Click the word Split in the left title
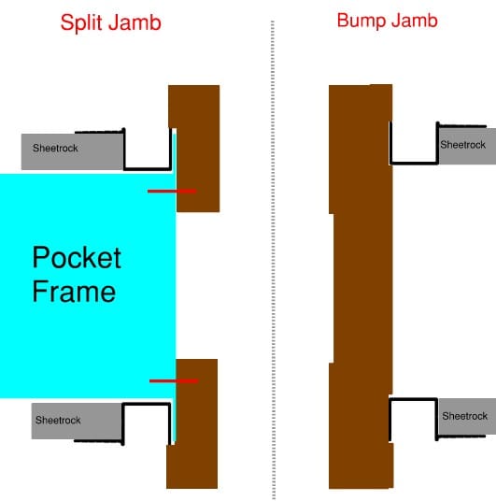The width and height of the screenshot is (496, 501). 81,23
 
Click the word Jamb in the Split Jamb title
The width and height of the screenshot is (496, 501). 135,22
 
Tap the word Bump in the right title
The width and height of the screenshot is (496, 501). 361,21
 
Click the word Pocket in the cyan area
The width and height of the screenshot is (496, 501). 77,258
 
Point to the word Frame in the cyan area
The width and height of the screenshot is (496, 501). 74,291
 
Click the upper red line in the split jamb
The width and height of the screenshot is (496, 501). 172,191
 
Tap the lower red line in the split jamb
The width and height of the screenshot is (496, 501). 174,380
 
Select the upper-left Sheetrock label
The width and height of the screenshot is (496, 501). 55,149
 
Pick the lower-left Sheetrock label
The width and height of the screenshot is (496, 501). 58,421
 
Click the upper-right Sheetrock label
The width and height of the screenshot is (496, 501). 462,145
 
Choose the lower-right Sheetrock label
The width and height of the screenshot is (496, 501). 464,416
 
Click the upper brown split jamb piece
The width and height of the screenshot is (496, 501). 198,149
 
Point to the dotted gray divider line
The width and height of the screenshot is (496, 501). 273,260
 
